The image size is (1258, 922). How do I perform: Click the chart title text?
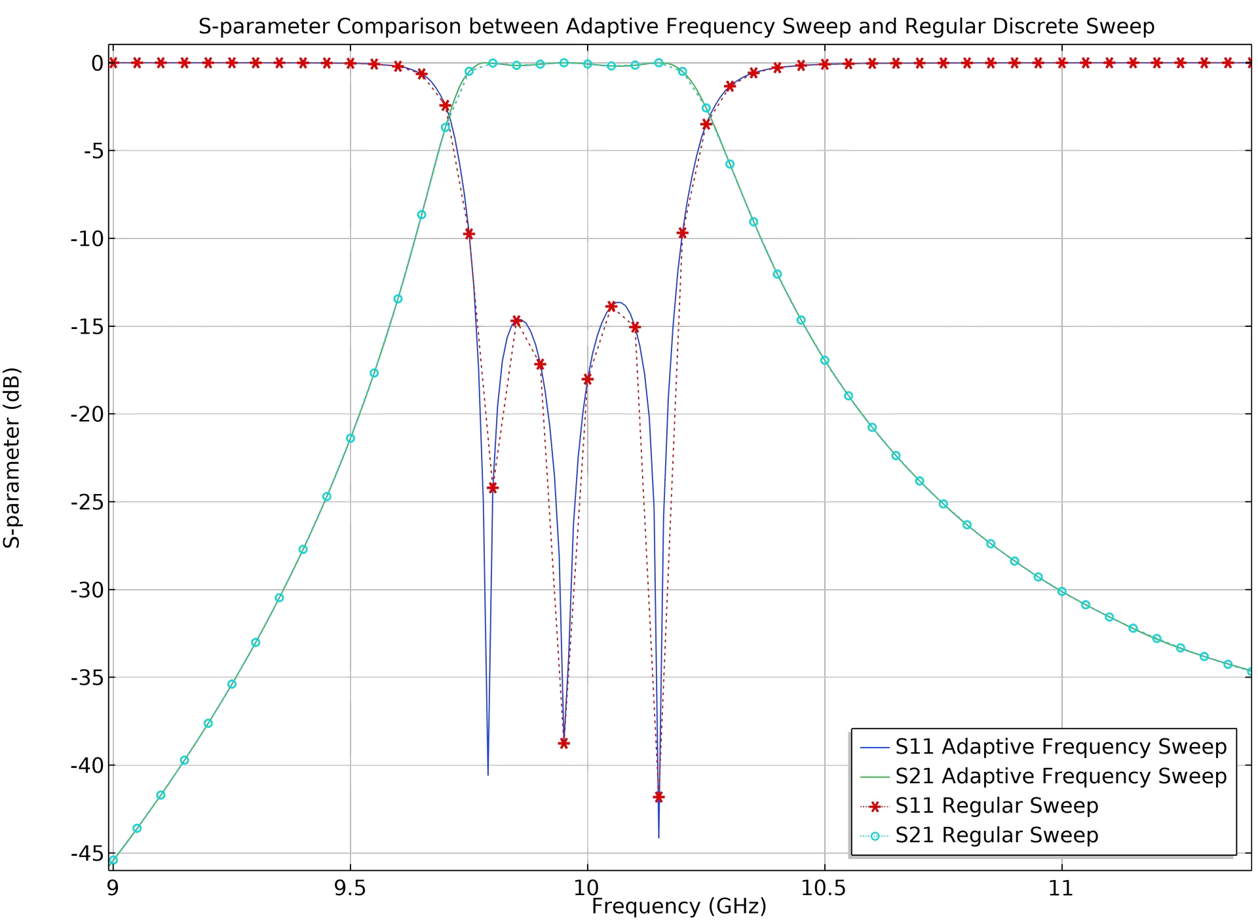(677, 27)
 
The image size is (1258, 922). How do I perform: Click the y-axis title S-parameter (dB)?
(12, 457)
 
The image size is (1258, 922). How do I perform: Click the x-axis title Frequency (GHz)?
(678, 907)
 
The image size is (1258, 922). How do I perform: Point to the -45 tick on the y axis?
(87, 853)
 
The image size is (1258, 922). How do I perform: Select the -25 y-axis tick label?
(87, 502)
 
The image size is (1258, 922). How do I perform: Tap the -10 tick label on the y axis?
(87, 239)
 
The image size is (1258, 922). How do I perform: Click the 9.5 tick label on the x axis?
(350, 887)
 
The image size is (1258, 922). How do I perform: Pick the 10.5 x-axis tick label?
(824, 887)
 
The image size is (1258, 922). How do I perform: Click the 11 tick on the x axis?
(1061, 887)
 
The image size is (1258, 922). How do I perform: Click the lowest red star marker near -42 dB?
(658, 797)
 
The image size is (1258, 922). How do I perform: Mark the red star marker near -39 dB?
(563, 743)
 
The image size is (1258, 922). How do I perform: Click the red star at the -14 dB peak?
(611, 307)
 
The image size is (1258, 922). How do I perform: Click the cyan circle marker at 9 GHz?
(113, 860)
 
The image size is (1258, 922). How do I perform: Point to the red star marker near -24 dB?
(493, 488)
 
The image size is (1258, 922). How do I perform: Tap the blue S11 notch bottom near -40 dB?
(489, 772)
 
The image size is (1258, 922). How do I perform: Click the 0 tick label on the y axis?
(97, 63)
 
